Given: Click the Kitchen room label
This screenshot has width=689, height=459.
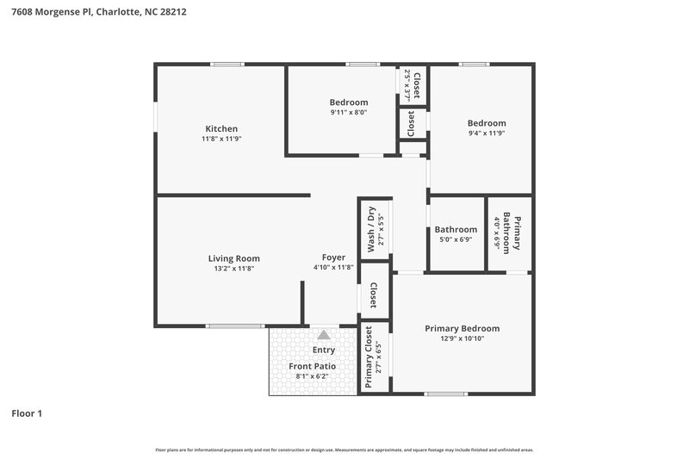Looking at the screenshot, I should tap(220, 128).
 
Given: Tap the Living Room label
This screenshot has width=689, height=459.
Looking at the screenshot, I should tap(233, 258).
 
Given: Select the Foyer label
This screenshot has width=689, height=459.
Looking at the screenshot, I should tap(333, 257).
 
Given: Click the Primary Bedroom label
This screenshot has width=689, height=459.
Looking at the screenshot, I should tap(462, 328).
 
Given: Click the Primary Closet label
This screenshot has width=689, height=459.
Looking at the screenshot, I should tap(369, 357).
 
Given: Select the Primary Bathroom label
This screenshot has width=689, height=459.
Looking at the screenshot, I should tap(512, 233).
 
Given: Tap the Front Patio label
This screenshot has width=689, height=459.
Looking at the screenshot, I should tap(312, 366).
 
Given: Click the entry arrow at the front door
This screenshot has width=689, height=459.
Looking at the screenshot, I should tap(323, 335).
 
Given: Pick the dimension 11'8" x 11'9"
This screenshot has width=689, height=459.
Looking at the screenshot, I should tap(220, 139).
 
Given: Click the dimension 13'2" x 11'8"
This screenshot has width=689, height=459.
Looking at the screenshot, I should tap(233, 269).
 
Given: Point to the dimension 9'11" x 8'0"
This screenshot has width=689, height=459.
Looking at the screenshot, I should tap(348, 112).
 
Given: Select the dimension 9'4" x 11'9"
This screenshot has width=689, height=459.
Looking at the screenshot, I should tap(487, 133).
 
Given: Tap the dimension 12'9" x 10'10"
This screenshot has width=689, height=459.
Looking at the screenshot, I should tap(462, 338).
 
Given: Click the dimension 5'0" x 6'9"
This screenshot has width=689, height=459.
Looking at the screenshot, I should tap(456, 240).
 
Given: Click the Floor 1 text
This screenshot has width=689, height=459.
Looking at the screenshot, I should tap(27, 413).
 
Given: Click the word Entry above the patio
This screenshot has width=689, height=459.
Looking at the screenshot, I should tap(324, 350).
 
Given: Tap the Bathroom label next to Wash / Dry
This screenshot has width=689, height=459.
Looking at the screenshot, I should tap(456, 230).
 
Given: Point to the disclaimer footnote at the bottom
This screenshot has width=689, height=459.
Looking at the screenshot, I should tap(344, 450).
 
